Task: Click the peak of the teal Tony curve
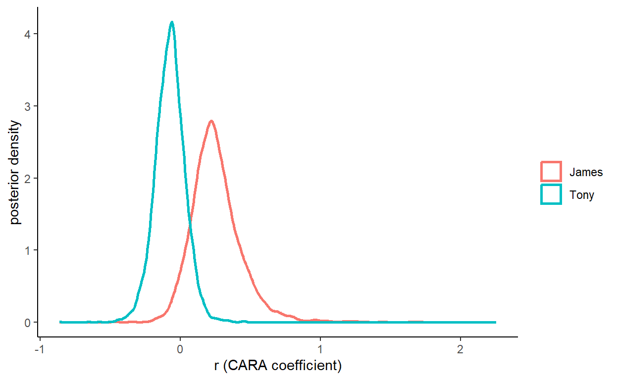click(x=172, y=22)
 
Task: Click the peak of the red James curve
click(x=211, y=121)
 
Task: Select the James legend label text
click(x=586, y=172)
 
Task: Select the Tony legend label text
click(x=581, y=194)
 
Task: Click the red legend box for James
click(x=551, y=172)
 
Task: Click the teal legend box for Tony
click(x=551, y=194)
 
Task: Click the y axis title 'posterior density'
click(x=15, y=172)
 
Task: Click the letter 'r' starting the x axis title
click(x=216, y=366)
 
